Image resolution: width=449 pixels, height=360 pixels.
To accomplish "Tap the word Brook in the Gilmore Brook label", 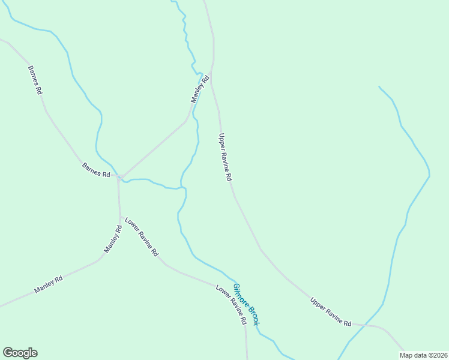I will pos(253,314).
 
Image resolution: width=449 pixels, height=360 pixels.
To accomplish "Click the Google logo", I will pos(20,353).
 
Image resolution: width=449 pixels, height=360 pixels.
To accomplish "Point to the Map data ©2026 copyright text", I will pos(423,355).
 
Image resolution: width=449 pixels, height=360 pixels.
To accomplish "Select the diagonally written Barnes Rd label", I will pos(35,80).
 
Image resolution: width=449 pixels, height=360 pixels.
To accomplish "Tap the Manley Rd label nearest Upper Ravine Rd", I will pos(200,89).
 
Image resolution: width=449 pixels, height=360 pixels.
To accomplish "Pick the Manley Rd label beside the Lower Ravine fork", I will pos(113,239).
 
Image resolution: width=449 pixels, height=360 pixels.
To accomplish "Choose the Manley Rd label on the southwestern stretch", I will pos(49,284).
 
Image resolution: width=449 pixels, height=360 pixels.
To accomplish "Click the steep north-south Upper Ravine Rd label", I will pos(225,157).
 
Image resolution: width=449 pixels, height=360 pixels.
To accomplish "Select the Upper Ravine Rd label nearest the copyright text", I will pos(331,312).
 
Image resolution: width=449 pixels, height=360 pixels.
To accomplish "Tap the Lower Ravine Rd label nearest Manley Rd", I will pos(141,237).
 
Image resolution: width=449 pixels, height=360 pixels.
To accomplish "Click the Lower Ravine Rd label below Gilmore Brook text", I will pos(232,304).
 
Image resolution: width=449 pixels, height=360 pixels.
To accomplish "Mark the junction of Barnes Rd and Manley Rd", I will pos(119,177).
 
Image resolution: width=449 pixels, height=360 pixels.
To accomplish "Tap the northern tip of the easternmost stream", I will pos(379,86).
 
